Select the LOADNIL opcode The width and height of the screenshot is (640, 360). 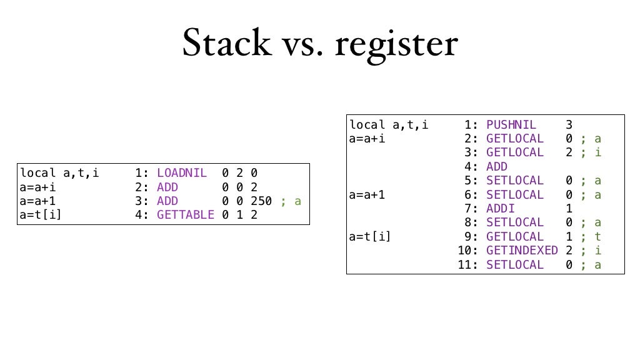(x=181, y=172)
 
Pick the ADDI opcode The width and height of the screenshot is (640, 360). (x=500, y=209)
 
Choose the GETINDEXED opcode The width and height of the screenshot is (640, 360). (x=522, y=251)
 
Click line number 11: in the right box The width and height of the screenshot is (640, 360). (x=468, y=265)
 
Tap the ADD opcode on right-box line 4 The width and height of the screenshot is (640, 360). (x=497, y=167)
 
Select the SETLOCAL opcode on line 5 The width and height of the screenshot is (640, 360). (x=515, y=181)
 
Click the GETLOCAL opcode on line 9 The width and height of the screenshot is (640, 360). (x=515, y=237)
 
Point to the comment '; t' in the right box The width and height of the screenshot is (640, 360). (x=591, y=237)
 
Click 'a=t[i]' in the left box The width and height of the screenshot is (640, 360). (x=41, y=215)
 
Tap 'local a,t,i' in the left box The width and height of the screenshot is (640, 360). (x=59, y=172)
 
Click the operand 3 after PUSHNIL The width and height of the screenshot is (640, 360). (x=569, y=124)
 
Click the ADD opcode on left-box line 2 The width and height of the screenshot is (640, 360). (x=167, y=187)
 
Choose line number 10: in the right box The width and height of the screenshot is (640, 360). (x=468, y=251)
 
